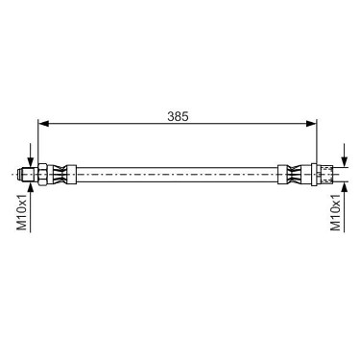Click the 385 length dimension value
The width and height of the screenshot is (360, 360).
178,117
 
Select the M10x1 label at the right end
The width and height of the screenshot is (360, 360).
336,212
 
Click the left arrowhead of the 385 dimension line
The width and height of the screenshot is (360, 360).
43,124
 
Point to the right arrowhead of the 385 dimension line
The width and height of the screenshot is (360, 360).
311,124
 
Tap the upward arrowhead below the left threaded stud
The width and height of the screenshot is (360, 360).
31,187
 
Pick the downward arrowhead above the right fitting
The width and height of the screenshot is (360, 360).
345,161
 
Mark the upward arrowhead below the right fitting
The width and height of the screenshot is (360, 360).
345,187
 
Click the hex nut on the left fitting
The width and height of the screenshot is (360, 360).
42,175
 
